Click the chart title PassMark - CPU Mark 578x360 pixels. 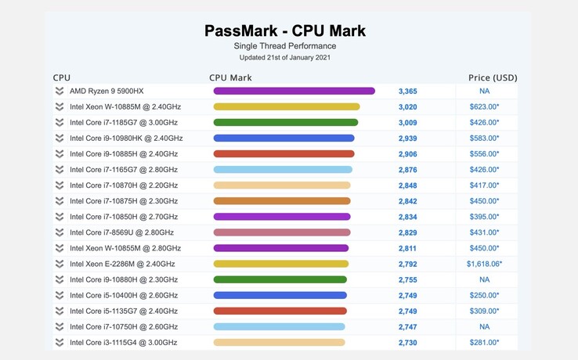point(285,31)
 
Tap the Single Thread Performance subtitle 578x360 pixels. point(285,46)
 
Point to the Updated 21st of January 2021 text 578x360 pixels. point(285,58)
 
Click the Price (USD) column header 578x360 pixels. point(493,77)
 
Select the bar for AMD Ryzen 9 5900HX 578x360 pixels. point(294,91)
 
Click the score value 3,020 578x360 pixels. point(407,107)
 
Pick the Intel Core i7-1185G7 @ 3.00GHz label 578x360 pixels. point(124,123)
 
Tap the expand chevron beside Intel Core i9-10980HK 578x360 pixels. point(60,139)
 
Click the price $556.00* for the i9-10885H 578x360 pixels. point(484,154)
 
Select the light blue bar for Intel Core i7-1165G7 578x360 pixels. point(283,170)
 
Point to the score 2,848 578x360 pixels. point(407,185)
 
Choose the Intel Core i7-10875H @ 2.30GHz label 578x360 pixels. point(124,201)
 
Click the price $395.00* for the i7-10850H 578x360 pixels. point(484,217)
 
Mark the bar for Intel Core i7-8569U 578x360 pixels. point(282,232)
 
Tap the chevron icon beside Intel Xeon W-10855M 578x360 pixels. point(60,248)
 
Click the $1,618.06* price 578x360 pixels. point(484,264)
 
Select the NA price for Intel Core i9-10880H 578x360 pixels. point(484,279)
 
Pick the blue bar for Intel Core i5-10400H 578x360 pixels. point(280,295)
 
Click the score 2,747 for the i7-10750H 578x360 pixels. point(407,327)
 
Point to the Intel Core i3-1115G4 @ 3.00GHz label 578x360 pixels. point(124,343)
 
